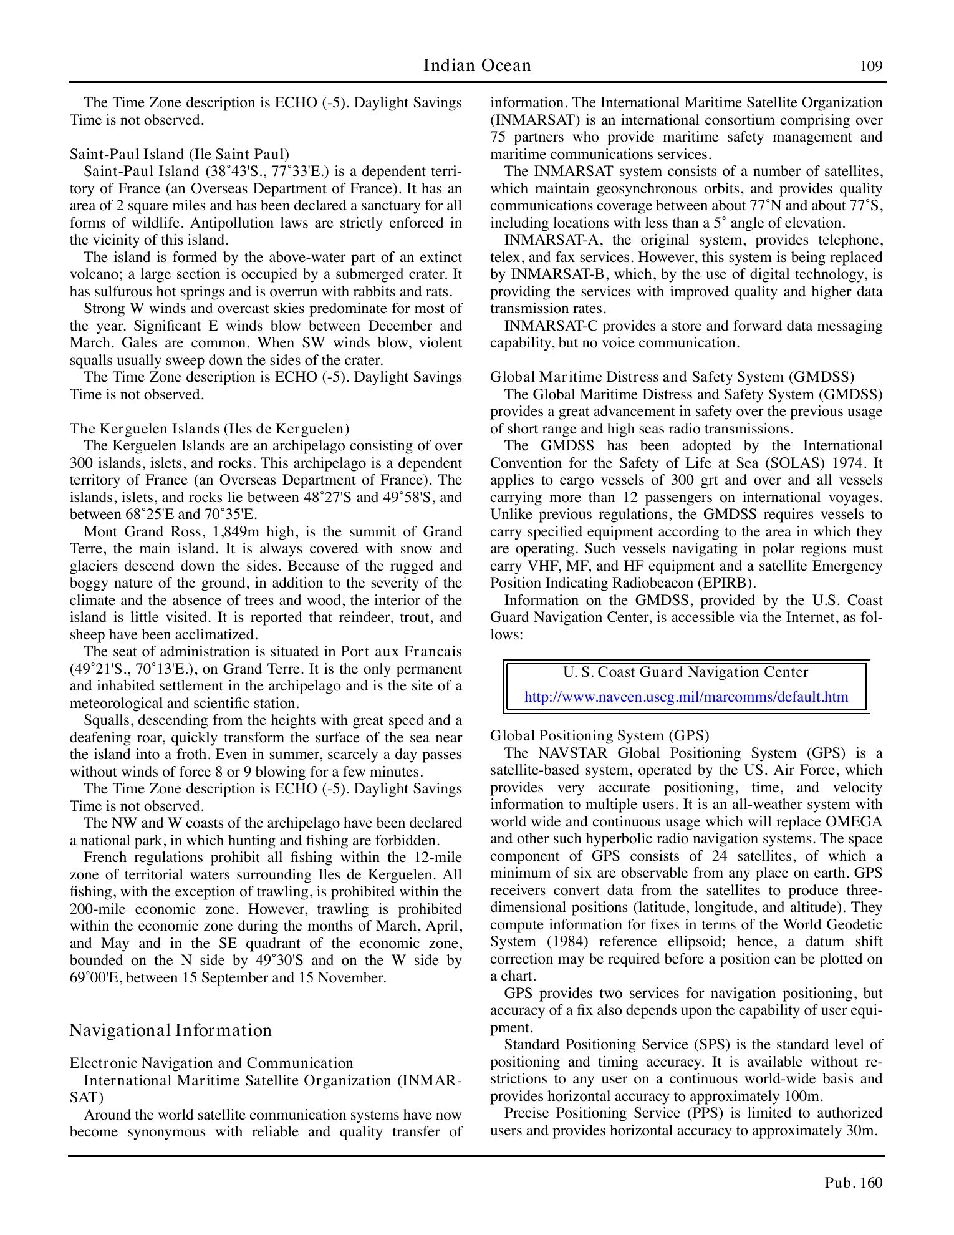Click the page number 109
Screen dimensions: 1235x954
click(x=871, y=66)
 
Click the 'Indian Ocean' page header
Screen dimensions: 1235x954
click(x=477, y=65)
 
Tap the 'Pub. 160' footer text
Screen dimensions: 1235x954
click(x=854, y=1183)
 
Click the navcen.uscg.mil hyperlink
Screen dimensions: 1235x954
click(x=686, y=697)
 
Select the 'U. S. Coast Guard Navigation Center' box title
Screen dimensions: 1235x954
click(x=686, y=672)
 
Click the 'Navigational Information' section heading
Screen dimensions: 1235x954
click(x=170, y=1030)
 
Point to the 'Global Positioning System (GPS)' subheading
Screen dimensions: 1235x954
click(x=599, y=735)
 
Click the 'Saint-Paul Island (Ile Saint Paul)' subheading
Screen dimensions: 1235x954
click(x=179, y=154)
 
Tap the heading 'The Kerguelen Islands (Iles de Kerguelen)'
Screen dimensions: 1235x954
click(x=209, y=429)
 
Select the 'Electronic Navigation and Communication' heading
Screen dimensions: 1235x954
click(x=211, y=1063)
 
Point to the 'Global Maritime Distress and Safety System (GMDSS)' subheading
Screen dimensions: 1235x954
click(x=672, y=377)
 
